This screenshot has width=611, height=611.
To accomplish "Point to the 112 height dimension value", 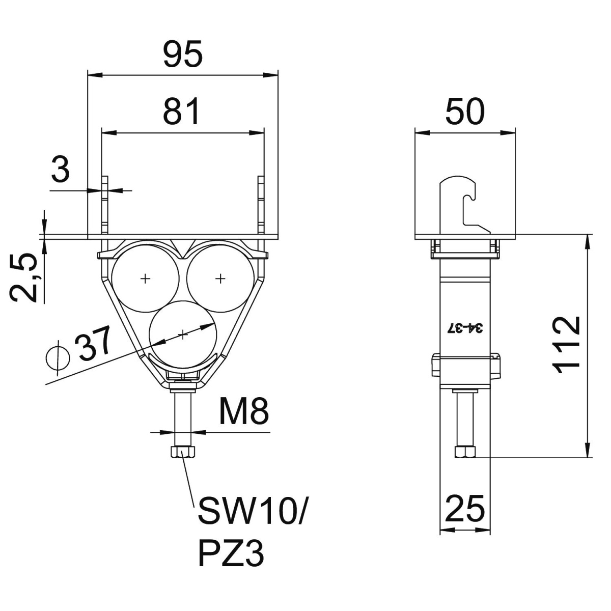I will pos(567,345).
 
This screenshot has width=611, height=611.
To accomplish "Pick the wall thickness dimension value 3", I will pos(61,170).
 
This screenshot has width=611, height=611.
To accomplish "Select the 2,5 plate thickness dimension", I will pos(24,279).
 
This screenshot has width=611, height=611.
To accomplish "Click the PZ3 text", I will pos(232,553).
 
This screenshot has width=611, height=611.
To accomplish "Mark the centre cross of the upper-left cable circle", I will pos(146,278).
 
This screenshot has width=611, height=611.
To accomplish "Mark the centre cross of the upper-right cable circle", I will pos(220,278).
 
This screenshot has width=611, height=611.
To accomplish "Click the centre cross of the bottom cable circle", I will pos(183,334).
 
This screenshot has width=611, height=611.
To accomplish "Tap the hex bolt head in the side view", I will pos(465,452).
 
